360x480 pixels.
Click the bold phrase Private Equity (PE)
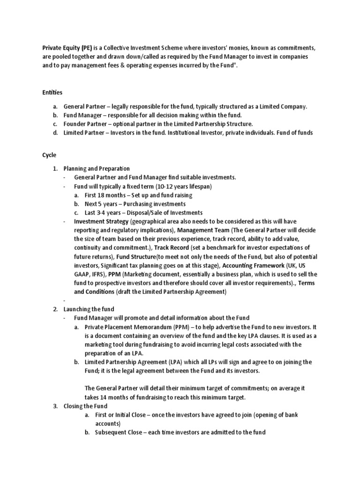tap(67, 48)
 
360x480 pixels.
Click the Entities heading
tap(52, 93)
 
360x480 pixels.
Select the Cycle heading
tap(49, 155)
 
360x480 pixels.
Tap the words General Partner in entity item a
tap(83, 106)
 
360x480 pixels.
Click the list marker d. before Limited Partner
tap(55, 133)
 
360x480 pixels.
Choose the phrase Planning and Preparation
tap(97, 168)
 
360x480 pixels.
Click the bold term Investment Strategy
tap(101, 221)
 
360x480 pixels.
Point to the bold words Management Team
tap(203, 230)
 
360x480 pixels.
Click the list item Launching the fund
tap(92, 309)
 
